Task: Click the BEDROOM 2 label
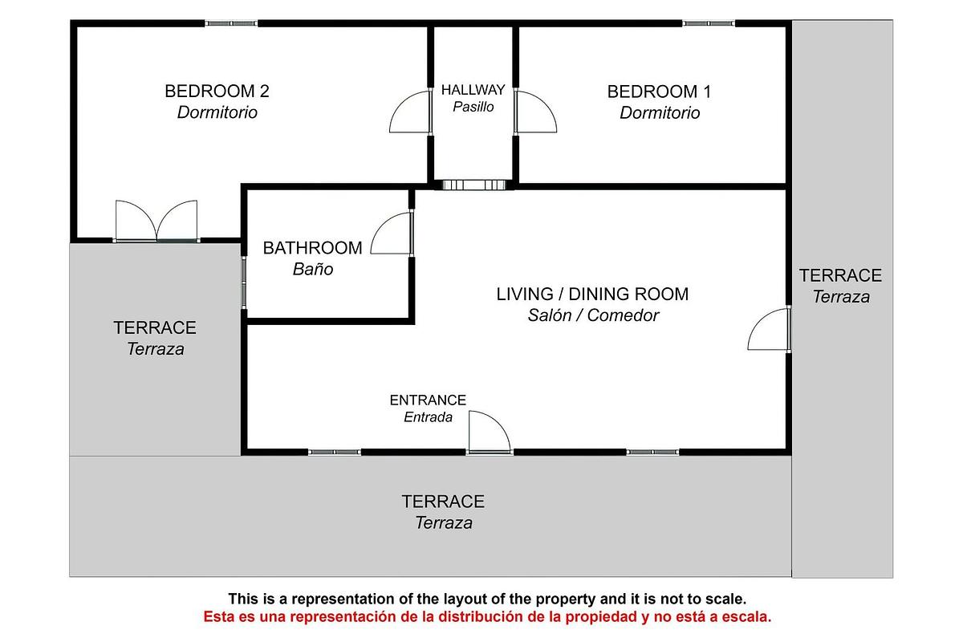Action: (217, 91)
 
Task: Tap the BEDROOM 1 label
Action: (659, 91)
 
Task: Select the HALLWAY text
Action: (473, 90)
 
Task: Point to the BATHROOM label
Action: (312, 249)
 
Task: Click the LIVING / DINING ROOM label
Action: (592, 295)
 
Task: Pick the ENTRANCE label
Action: (428, 400)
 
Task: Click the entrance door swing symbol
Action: (488, 433)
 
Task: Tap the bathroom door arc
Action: (392, 234)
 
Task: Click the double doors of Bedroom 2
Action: (156, 221)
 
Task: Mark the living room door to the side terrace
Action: (770, 330)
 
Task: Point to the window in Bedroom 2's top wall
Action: (230, 24)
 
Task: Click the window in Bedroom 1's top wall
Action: (708, 24)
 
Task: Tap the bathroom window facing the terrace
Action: (244, 282)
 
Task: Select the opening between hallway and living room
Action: (473, 185)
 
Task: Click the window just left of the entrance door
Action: (335, 453)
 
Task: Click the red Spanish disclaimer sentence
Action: (487, 617)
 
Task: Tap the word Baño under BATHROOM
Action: (312, 270)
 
